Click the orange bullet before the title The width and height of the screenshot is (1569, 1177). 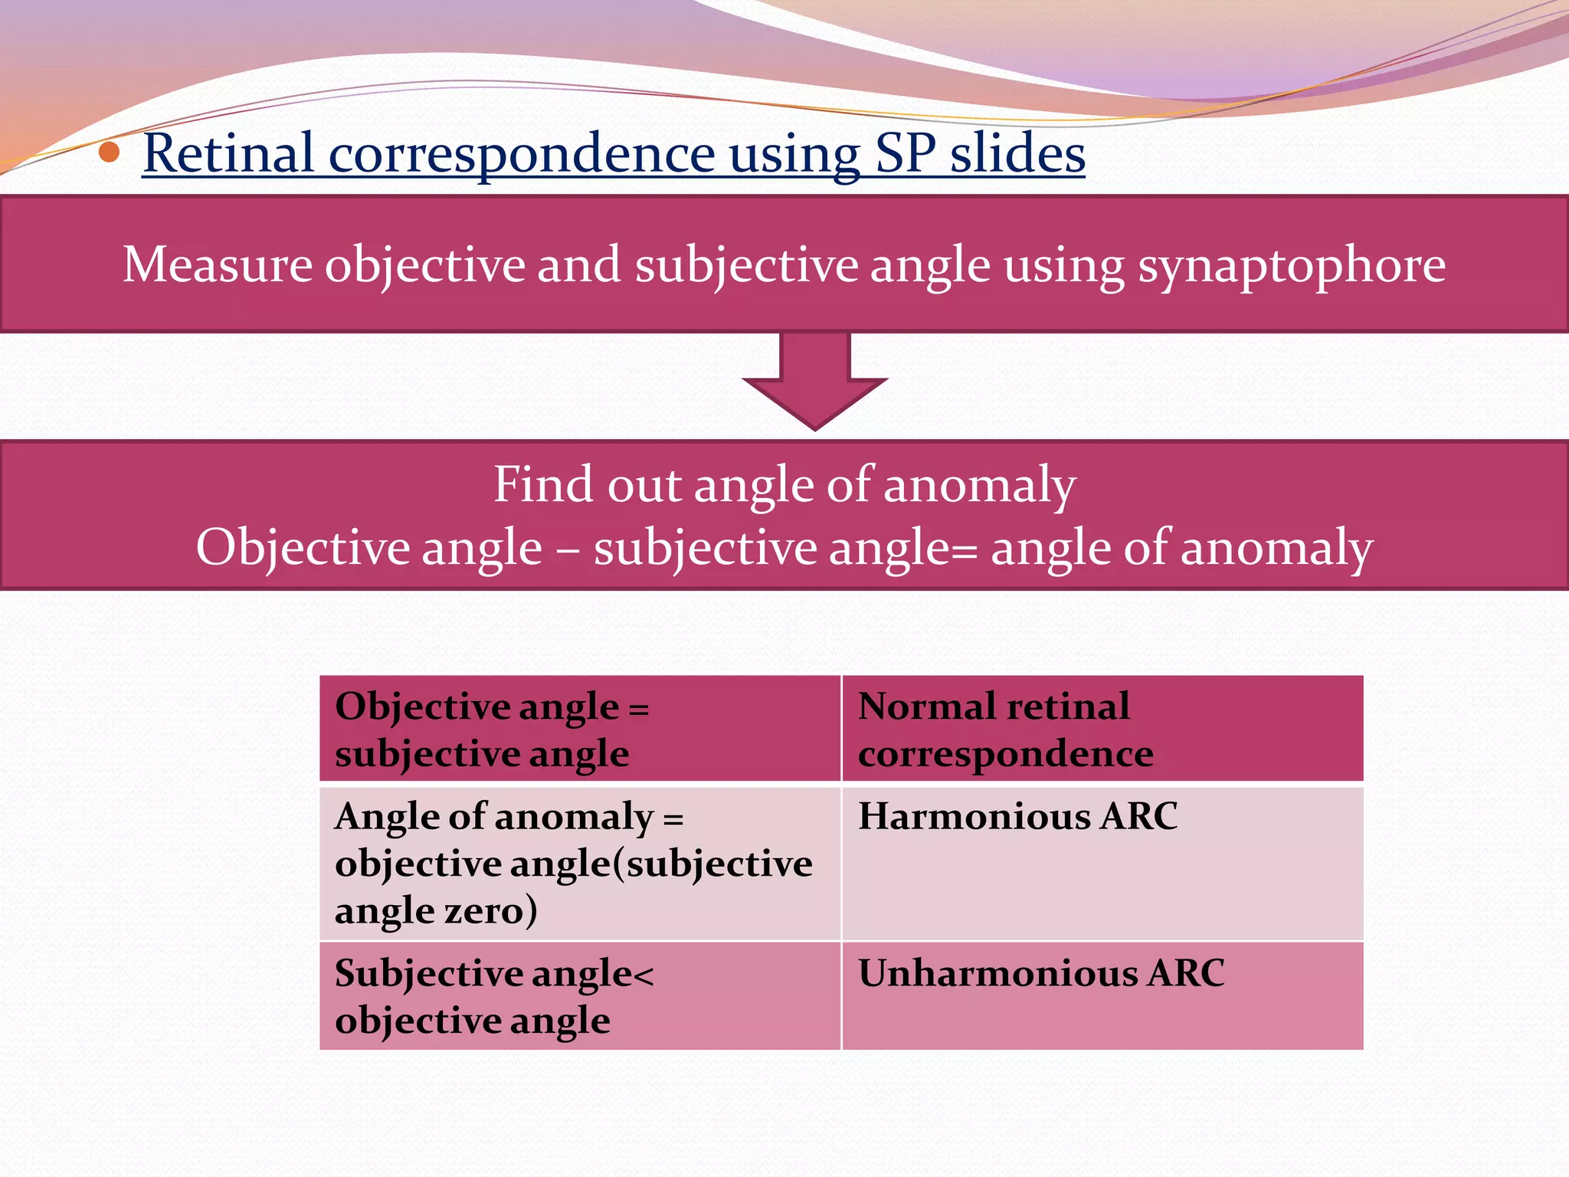click(x=110, y=152)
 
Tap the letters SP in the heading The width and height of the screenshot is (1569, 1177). click(x=905, y=153)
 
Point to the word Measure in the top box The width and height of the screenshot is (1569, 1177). click(x=218, y=265)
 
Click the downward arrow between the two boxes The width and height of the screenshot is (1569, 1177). click(x=814, y=383)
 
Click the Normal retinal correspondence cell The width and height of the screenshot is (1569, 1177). click(x=1102, y=729)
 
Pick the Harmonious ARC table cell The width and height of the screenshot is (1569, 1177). click(x=1102, y=863)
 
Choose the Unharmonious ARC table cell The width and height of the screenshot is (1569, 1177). click(x=1102, y=995)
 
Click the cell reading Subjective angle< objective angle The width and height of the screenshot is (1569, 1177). click(x=580, y=995)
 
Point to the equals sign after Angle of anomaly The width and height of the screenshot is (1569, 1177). click(x=673, y=818)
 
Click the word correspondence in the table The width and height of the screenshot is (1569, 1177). click(x=1005, y=754)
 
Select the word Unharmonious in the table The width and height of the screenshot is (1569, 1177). click(x=997, y=973)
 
